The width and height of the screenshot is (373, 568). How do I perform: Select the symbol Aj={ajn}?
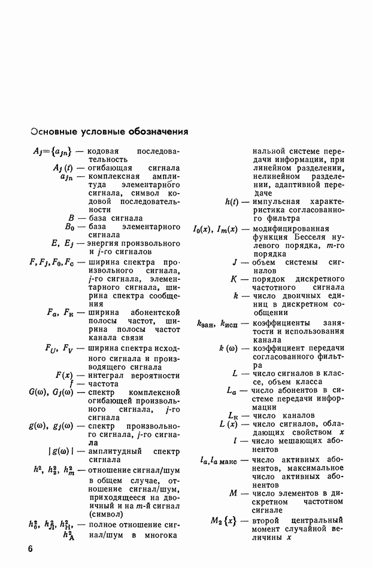53,151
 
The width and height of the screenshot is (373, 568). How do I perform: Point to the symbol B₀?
69,227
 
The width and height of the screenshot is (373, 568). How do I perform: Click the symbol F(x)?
64,375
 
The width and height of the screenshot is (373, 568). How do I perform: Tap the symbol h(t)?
233,202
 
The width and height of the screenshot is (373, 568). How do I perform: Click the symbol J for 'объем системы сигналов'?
235,262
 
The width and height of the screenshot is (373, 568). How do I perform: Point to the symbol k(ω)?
229,348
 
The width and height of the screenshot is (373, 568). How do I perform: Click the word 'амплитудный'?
116,451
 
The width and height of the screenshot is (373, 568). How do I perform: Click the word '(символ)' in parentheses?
106,514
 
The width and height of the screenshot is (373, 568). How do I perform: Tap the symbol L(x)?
229,424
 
